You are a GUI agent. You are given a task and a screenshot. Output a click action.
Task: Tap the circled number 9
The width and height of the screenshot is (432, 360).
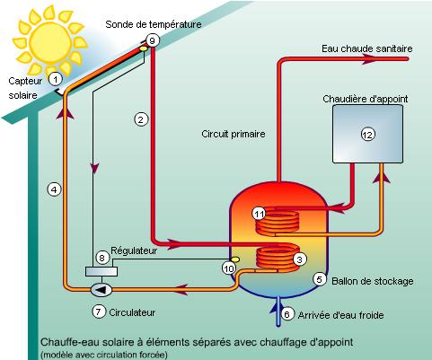click(x=152, y=41)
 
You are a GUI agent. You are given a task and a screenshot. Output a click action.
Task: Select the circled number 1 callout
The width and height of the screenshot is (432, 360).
click(x=55, y=79)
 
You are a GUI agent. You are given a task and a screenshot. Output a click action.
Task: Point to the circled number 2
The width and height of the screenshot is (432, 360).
click(x=140, y=119)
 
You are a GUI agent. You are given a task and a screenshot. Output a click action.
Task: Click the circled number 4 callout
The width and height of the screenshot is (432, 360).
click(x=55, y=189)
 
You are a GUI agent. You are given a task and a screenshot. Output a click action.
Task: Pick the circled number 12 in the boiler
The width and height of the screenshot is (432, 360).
click(x=366, y=134)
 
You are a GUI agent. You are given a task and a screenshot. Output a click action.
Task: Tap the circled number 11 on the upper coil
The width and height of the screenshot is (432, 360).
click(x=259, y=214)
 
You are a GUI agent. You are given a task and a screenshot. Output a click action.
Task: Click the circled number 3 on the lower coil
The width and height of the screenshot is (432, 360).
click(x=298, y=259)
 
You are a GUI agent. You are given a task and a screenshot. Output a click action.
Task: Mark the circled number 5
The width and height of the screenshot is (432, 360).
click(x=319, y=279)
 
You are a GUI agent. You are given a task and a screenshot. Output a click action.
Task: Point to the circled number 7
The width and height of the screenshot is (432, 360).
click(x=100, y=312)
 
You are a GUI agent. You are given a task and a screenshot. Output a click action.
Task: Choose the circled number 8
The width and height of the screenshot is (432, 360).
click(x=101, y=258)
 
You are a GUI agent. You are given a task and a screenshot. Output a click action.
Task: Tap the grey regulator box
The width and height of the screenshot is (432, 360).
click(x=98, y=271)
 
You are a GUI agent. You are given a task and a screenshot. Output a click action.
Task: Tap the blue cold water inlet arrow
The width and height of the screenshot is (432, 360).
click(x=275, y=311)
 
